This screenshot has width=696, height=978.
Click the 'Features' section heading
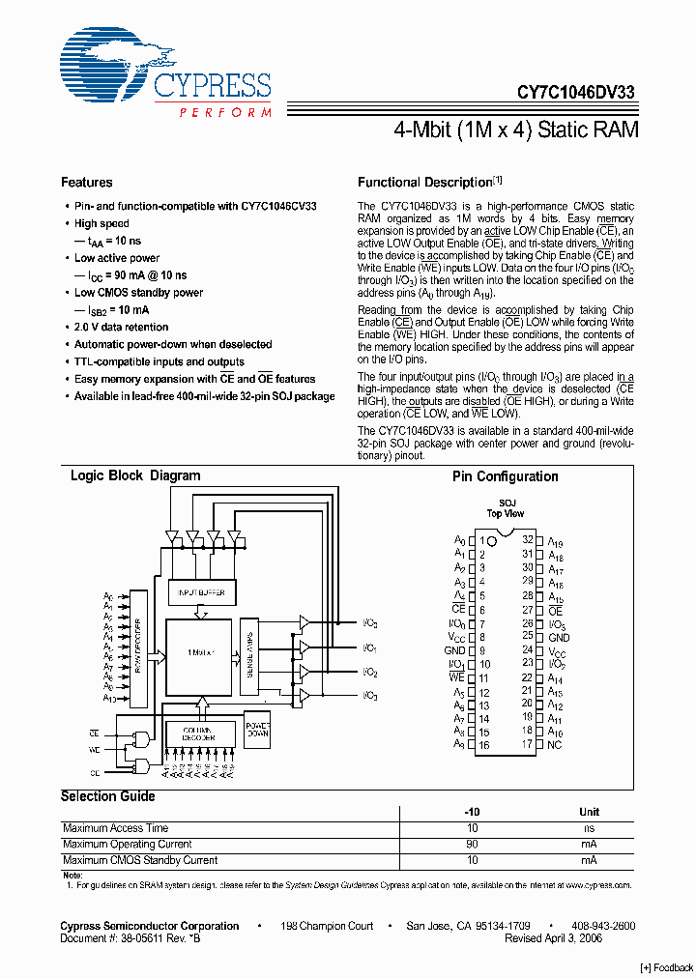coord(87,183)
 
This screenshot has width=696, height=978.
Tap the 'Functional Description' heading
coord(425,183)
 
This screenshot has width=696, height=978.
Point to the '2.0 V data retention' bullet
coord(122,328)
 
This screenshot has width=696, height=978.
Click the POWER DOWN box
coord(257,732)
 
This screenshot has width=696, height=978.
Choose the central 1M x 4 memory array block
coord(197,655)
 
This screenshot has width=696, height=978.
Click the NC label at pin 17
coord(554,745)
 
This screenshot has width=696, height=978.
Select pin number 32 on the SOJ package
coord(528,540)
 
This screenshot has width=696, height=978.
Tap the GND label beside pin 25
coord(559,638)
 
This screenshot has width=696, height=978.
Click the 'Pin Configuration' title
coord(505,476)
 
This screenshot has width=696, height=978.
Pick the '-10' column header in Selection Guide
coord(473,812)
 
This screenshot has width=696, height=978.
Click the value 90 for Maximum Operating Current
coord(473,845)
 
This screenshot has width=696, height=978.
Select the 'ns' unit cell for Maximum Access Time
coord(589,828)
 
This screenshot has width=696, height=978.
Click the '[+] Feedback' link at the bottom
coord(667,968)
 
